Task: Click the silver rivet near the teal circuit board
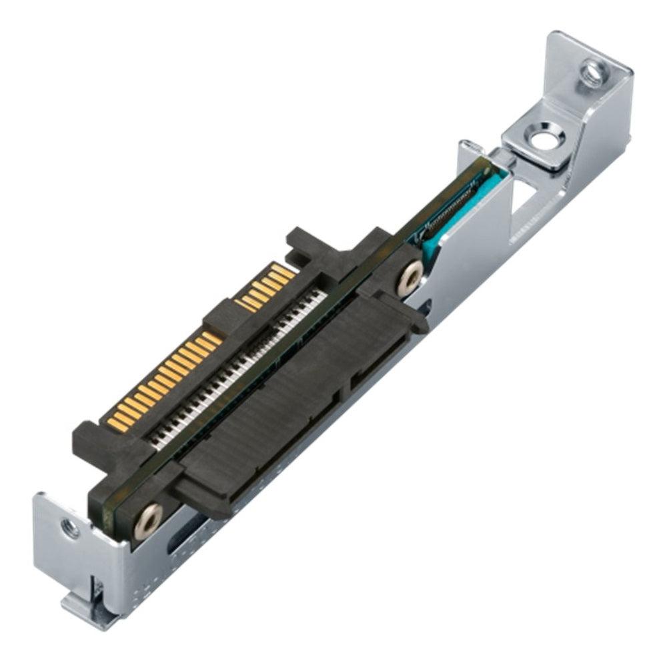tap(410, 275)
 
